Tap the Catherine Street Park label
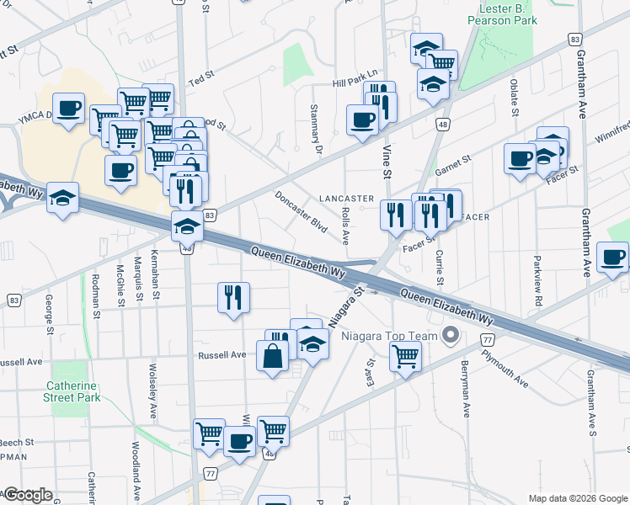[x=77, y=393]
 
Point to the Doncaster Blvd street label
[x=302, y=211]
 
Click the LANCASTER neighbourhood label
[x=346, y=199]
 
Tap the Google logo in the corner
[x=27, y=495]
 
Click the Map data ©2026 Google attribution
[x=578, y=498]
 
